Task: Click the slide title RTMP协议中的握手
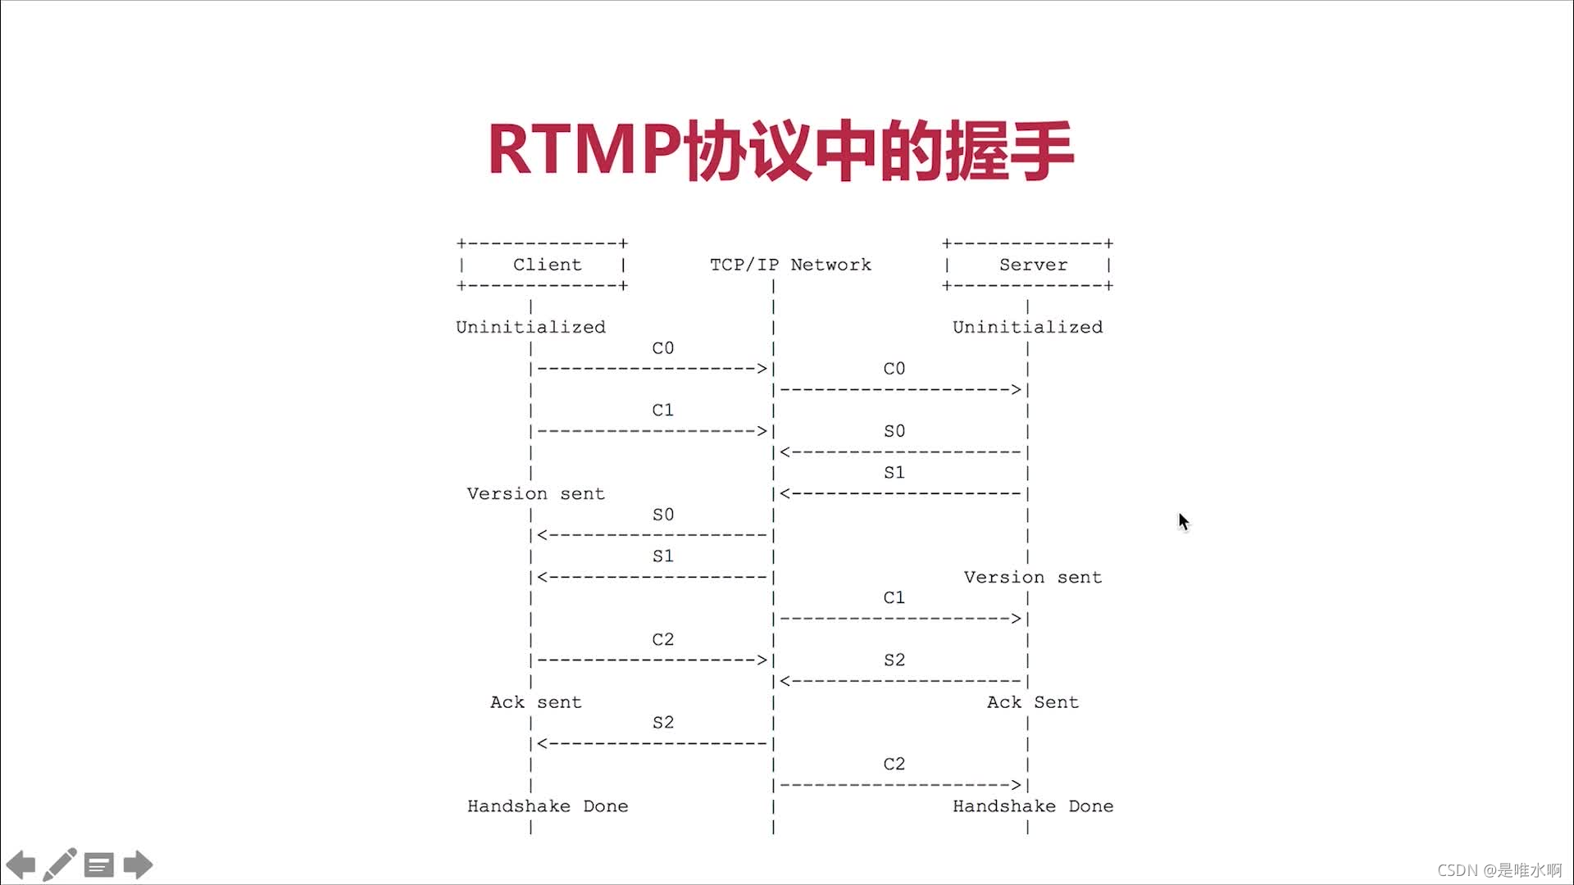pyautogui.click(x=780, y=151)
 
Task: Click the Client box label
pyautogui.click(x=547, y=265)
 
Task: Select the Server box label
pyautogui.click(x=1033, y=265)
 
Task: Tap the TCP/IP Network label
pyautogui.click(x=790, y=265)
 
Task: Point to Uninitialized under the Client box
pyautogui.click(x=530, y=327)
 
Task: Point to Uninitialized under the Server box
pyautogui.click(x=1027, y=327)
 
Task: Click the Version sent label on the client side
pyautogui.click(x=535, y=493)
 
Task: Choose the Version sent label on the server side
pyautogui.click(x=1032, y=577)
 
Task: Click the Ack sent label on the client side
pyautogui.click(x=535, y=702)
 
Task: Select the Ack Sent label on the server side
pyautogui.click(x=1032, y=702)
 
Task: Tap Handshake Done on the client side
pyautogui.click(x=548, y=806)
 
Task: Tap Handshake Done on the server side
pyautogui.click(x=1033, y=806)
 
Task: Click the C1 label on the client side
pyautogui.click(x=662, y=410)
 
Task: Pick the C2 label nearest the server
pyautogui.click(x=894, y=764)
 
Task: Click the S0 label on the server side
pyautogui.click(x=894, y=431)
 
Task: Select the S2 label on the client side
pyautogui.click(x=662, y=723)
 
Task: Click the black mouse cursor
pyautogui.click(x=1183, y=521)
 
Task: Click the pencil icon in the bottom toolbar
pyautogui.click(x=60, y=865)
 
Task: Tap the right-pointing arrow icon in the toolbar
pyautogui.click(x=138, y=865)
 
